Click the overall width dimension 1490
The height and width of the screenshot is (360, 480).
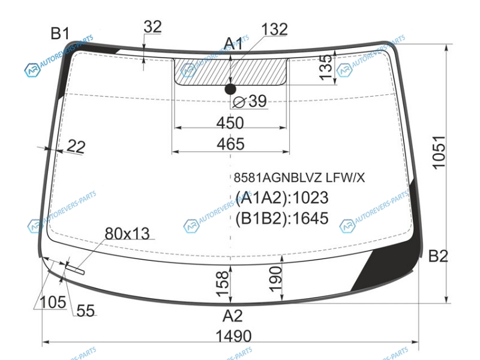pyautogui.click(x=233, y=336)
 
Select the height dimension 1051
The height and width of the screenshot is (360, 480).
pyautogui.click(x=439, y=152)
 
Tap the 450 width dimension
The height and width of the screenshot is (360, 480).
pyautogui.click(x=230, y=123)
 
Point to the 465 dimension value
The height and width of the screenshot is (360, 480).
pyautogui.click(x=230, y=144)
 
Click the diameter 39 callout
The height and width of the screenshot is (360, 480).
pyautogui.click(x=250, y=101)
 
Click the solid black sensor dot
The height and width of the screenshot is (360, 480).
pyautogui.click(x=230, y=89)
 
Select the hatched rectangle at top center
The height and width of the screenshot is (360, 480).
pyautogui.click(x=231, y=71)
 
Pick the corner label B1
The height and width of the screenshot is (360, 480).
pyautogui.click(x=60, y=33)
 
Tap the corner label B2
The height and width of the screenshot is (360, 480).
pyautogui.click(x=438, y=256)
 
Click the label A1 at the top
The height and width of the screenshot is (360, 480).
pyautogui.click(x=233, y=44)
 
